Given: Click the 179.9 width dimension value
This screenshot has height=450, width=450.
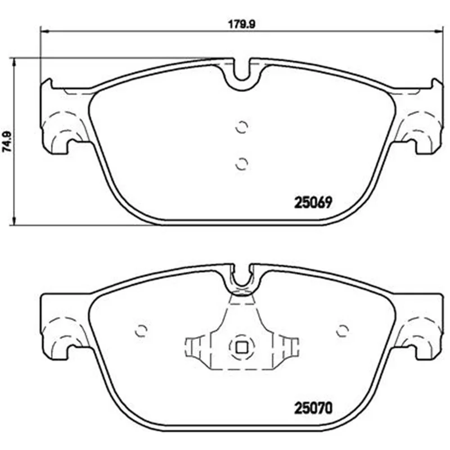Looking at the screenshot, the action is click(x=241, y=24).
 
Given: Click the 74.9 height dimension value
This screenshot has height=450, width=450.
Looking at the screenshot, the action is click(x=7, y=142).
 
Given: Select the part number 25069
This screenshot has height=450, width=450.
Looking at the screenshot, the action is click(x=313, y=202).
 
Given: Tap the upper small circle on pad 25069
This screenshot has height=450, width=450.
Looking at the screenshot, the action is click(x=241, y=127).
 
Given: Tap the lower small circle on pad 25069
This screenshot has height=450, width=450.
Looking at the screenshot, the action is click(x=241, y=164).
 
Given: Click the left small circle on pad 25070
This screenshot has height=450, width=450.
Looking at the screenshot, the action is click(x=141, y=331).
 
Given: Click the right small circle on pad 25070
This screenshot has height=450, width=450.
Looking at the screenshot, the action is click(x=343, y=331).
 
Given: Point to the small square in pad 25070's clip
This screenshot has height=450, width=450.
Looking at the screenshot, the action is click(x=241, y=348).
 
